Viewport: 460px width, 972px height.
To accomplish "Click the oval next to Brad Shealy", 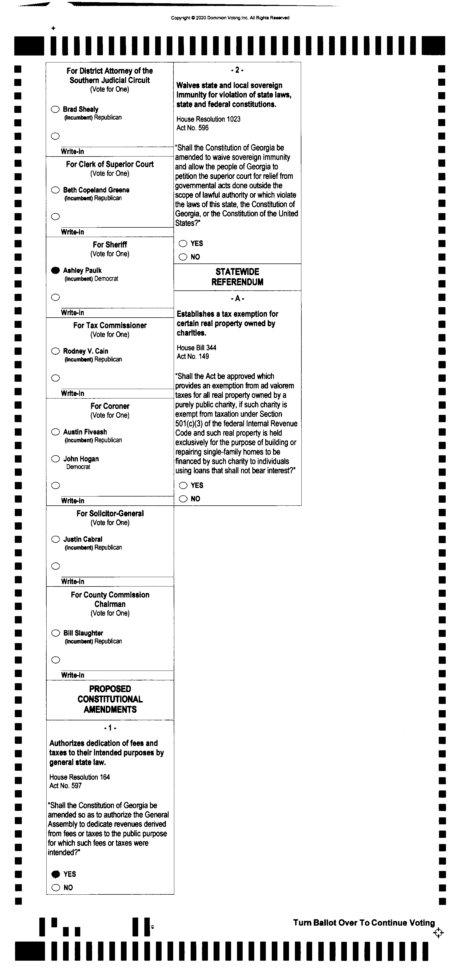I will [55, 109].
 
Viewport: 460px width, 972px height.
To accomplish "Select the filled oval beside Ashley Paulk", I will [55, 270].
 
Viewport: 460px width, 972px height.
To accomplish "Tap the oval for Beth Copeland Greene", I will [55, 190].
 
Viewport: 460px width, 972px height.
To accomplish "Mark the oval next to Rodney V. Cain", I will [55, 351].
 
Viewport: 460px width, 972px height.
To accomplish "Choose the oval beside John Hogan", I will [55, 459].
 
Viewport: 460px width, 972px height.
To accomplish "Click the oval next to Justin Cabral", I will [55, 539].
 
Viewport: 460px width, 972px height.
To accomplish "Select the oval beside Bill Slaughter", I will [55, 633].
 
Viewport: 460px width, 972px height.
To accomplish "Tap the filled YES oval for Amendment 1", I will [55, 874].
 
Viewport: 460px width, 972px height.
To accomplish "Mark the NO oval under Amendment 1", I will [55, 887].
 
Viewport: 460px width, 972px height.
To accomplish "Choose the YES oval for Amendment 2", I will [183, 243].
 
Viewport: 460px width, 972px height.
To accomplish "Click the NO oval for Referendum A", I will [183, 499].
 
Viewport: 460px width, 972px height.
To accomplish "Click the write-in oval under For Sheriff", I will [55, 297].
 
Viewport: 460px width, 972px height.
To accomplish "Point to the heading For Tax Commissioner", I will [110, 325].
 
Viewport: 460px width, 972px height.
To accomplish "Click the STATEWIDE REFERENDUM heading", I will [237, 277].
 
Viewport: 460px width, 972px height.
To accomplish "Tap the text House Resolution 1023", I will [208, 119].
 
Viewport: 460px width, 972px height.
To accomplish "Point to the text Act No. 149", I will [193, 357].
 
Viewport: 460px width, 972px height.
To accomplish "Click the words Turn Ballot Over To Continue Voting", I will [364, 923].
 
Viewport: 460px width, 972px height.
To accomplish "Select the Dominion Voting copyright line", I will [230, 18].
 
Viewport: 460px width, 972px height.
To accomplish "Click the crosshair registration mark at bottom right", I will [438, 933].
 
